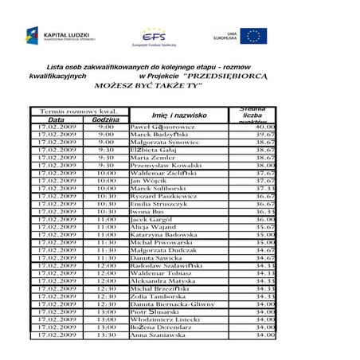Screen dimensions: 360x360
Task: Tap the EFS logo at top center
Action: [153, 37]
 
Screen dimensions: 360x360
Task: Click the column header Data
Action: [56, 119]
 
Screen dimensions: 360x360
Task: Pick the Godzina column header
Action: [105, 119]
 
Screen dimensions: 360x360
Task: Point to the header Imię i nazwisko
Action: [179, 115]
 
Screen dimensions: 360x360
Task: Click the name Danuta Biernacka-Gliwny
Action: [172, 303]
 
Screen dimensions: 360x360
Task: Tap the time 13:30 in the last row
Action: [106, 335]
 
